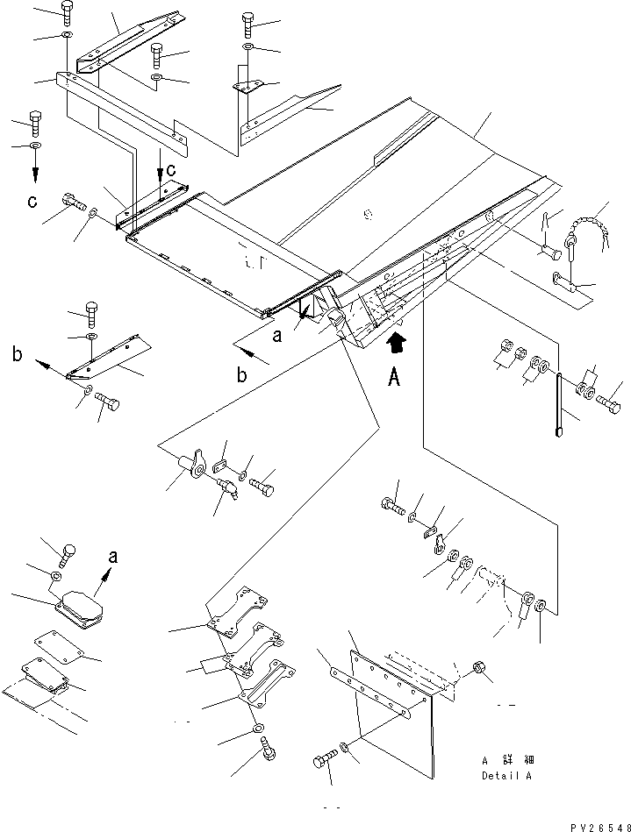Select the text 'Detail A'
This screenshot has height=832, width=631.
[x=506, y=775]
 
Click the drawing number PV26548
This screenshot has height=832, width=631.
[x=600, y=827]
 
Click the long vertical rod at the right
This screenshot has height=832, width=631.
[x=559, y=405]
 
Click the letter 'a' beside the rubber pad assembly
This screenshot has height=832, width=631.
[x=112, y=556]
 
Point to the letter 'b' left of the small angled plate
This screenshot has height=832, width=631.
[x=18, y=354]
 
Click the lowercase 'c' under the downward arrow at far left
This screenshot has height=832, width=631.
[x=32, y=202]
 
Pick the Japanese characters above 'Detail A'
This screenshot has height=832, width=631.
[x=507, y=760]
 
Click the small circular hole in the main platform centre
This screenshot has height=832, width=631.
[x=367, y=215]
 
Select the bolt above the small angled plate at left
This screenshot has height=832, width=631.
[x=91, y=314]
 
